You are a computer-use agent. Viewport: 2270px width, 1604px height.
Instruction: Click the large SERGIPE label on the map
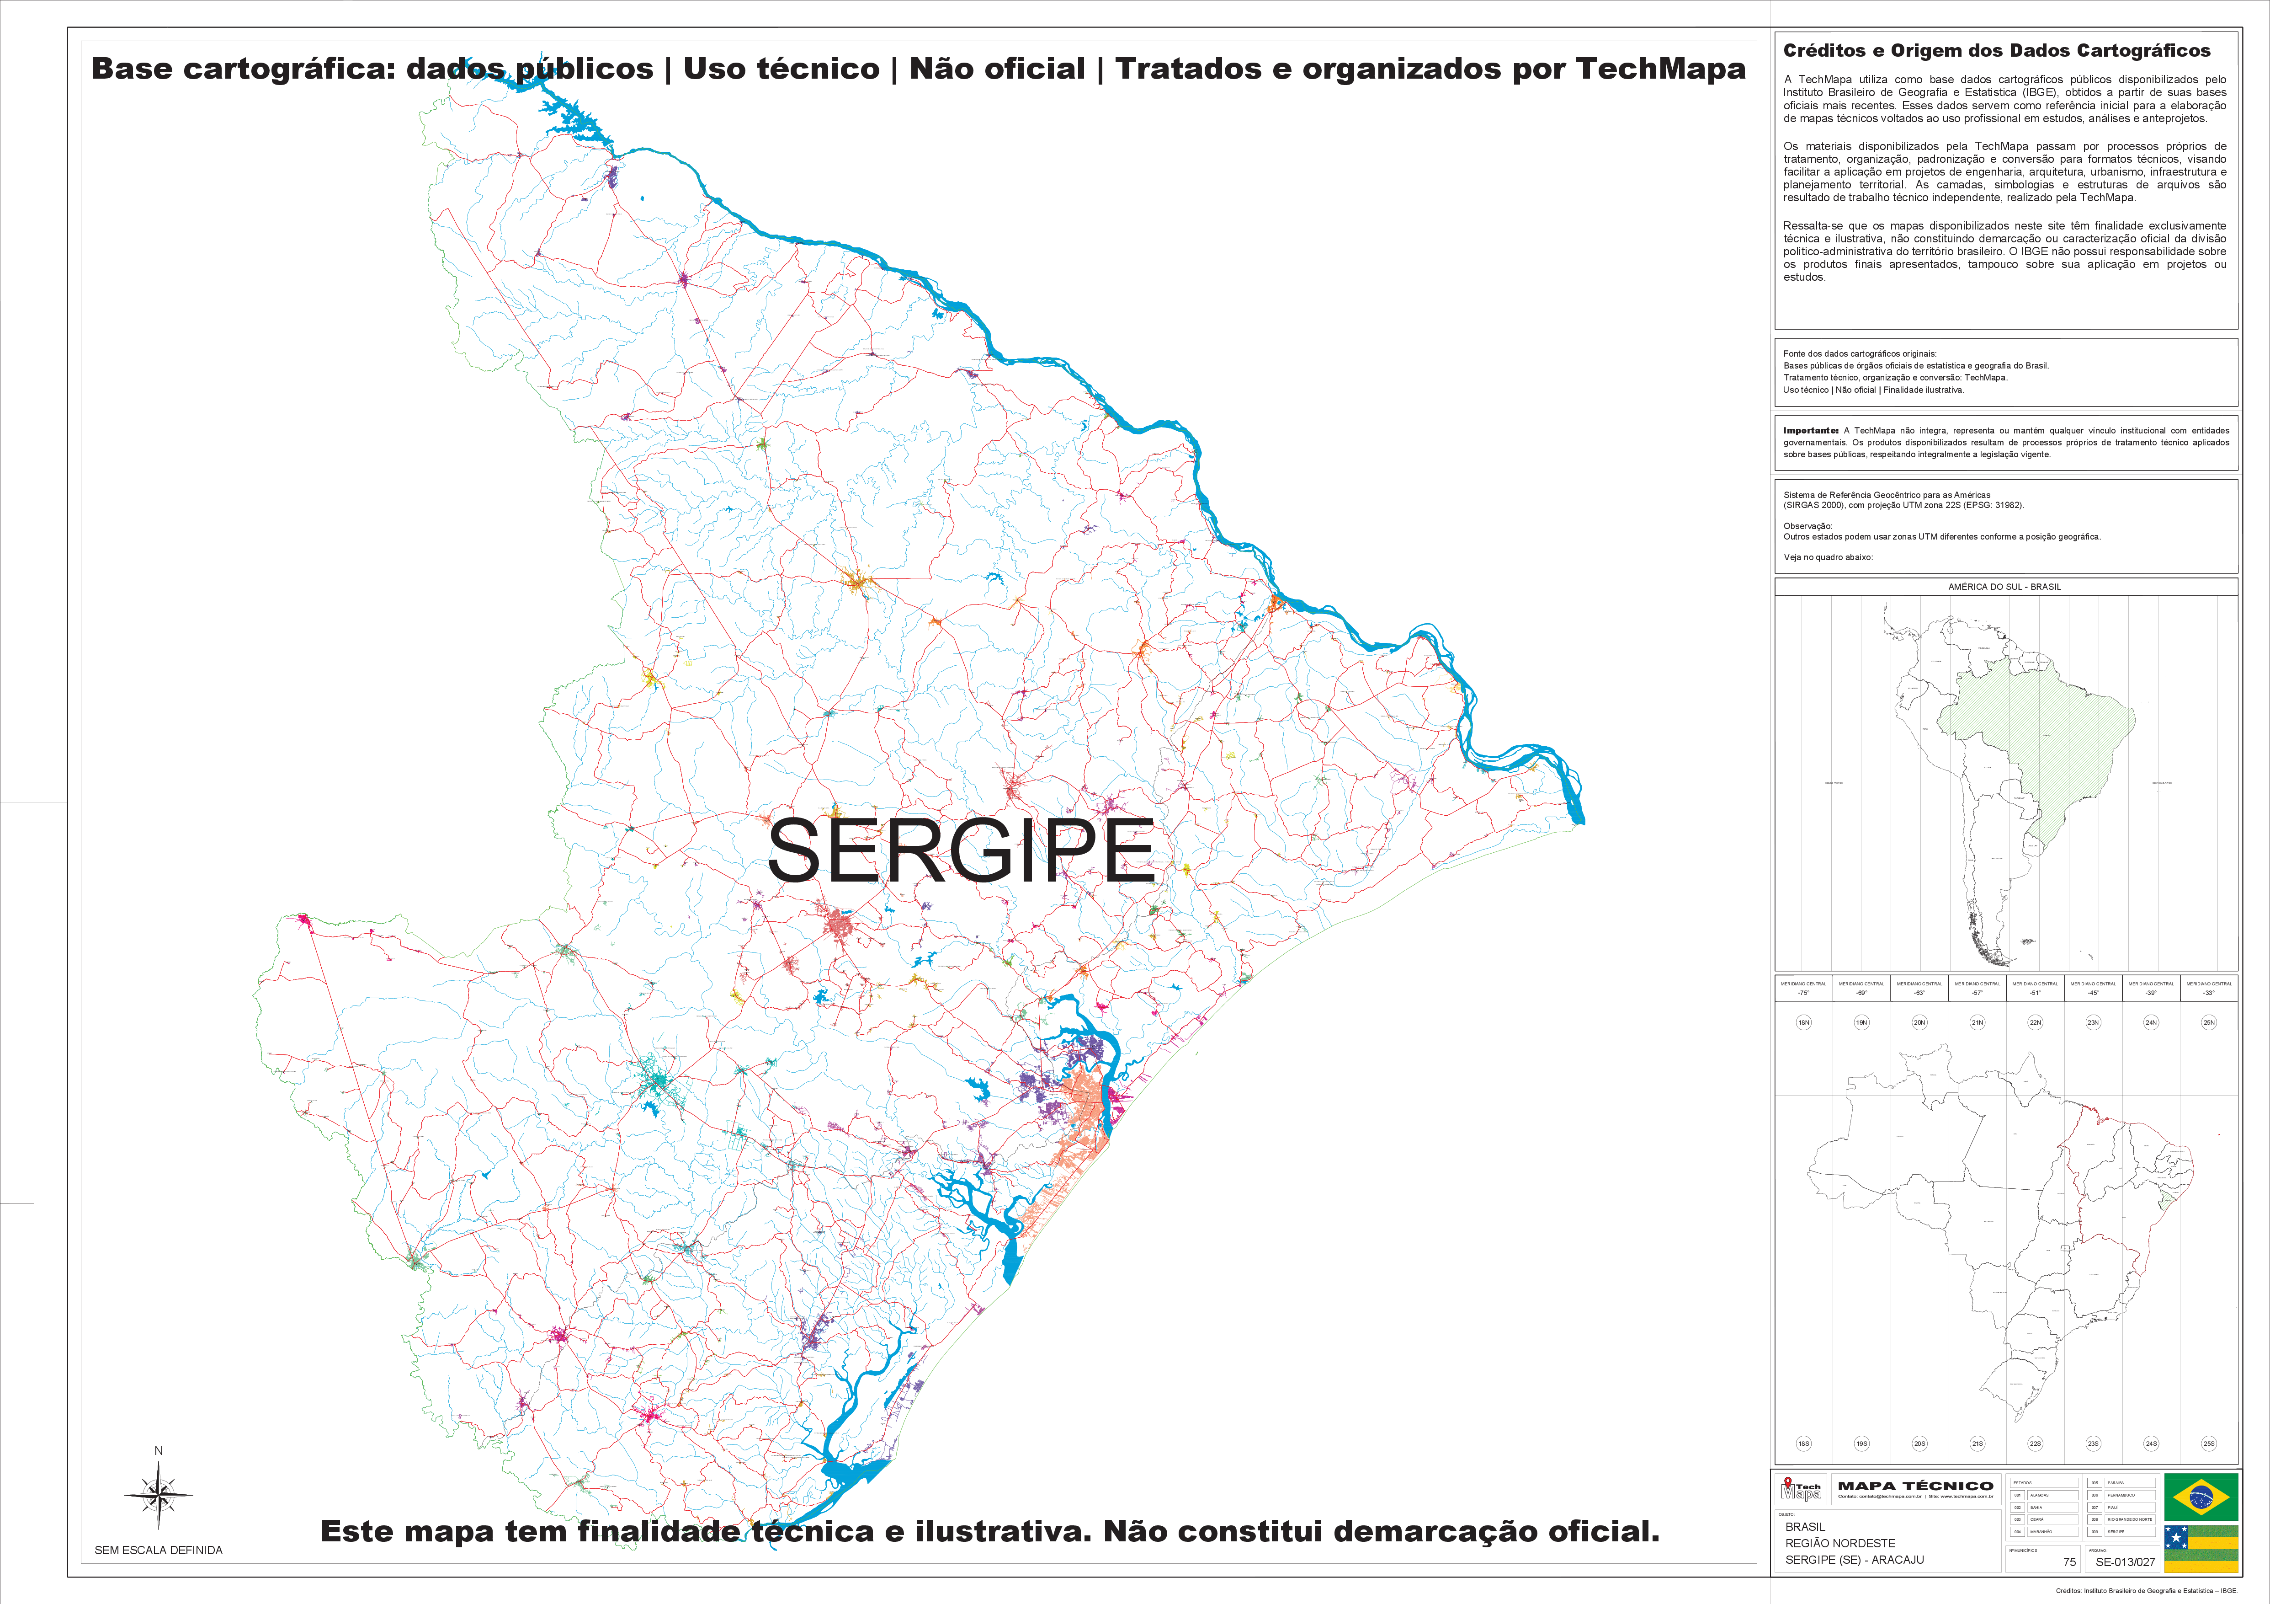click(961, 850)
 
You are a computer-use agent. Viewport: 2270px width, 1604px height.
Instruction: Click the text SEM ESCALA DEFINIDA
click(158, 1550)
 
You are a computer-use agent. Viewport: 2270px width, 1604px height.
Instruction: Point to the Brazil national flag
click(2201, 1496)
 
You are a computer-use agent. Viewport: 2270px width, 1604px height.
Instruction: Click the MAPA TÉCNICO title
click(1915, 1485)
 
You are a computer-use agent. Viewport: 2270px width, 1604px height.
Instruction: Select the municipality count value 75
click(2069, 1561)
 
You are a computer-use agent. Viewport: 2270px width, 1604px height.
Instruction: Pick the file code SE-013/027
click(2125, 1561)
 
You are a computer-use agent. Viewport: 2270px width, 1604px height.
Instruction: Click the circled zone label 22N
click(2035, 1022)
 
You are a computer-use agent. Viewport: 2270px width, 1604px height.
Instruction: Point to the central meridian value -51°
click(2035, 992)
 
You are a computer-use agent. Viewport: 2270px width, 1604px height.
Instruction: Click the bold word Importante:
click(1810, 430)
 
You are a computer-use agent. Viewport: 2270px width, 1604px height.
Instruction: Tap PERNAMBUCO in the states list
click(2121, 1495)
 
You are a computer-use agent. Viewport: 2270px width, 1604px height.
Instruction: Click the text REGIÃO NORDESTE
click(1840, 1543)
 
